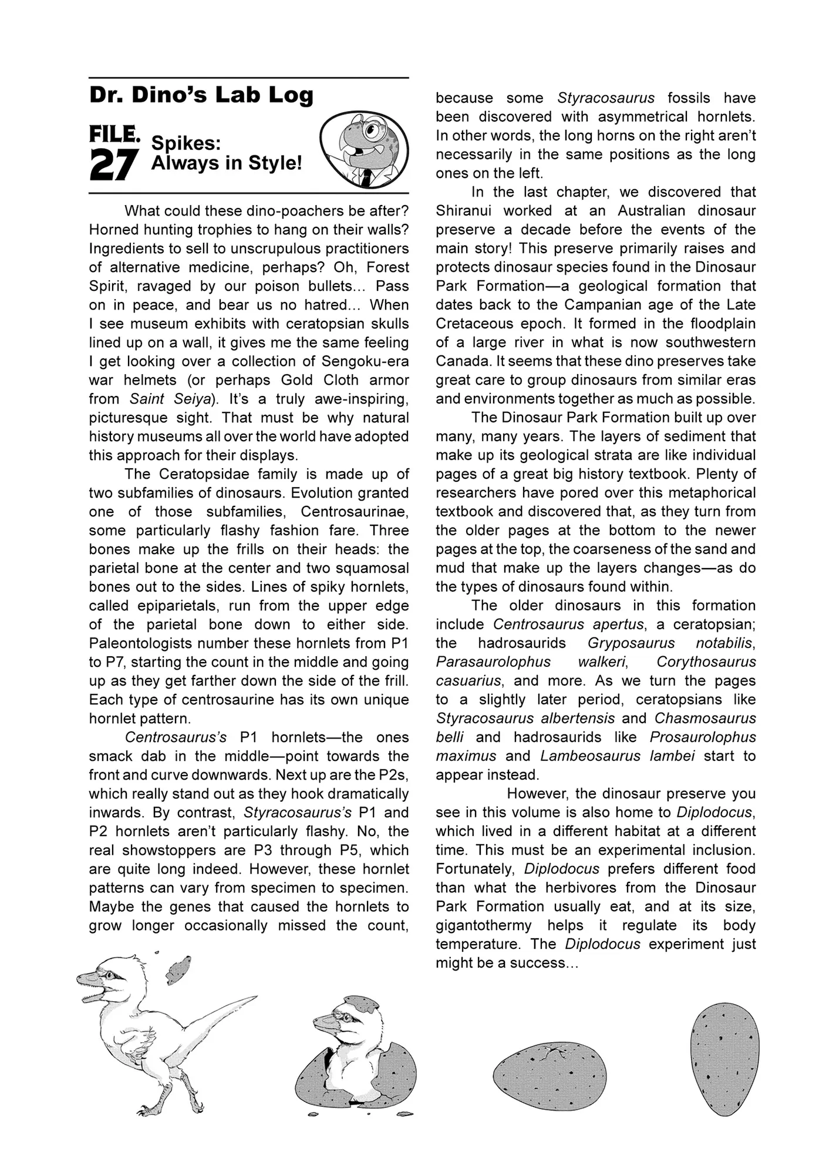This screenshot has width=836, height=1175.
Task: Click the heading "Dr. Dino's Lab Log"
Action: pos(201,95)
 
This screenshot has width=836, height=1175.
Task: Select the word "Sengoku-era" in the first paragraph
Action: pos(365,361)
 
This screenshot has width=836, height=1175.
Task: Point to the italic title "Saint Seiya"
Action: pos(171,399)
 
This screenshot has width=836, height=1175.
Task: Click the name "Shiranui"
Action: pos(463,211)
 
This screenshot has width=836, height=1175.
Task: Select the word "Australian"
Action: pos(652,211)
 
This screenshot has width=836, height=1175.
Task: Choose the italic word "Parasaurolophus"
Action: pos(493,662)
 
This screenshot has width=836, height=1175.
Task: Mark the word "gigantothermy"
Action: pos(484,925)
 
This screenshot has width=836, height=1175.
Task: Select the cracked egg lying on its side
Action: pos(550,1076)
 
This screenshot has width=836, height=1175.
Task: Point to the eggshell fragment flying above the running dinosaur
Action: pos(178,968)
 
